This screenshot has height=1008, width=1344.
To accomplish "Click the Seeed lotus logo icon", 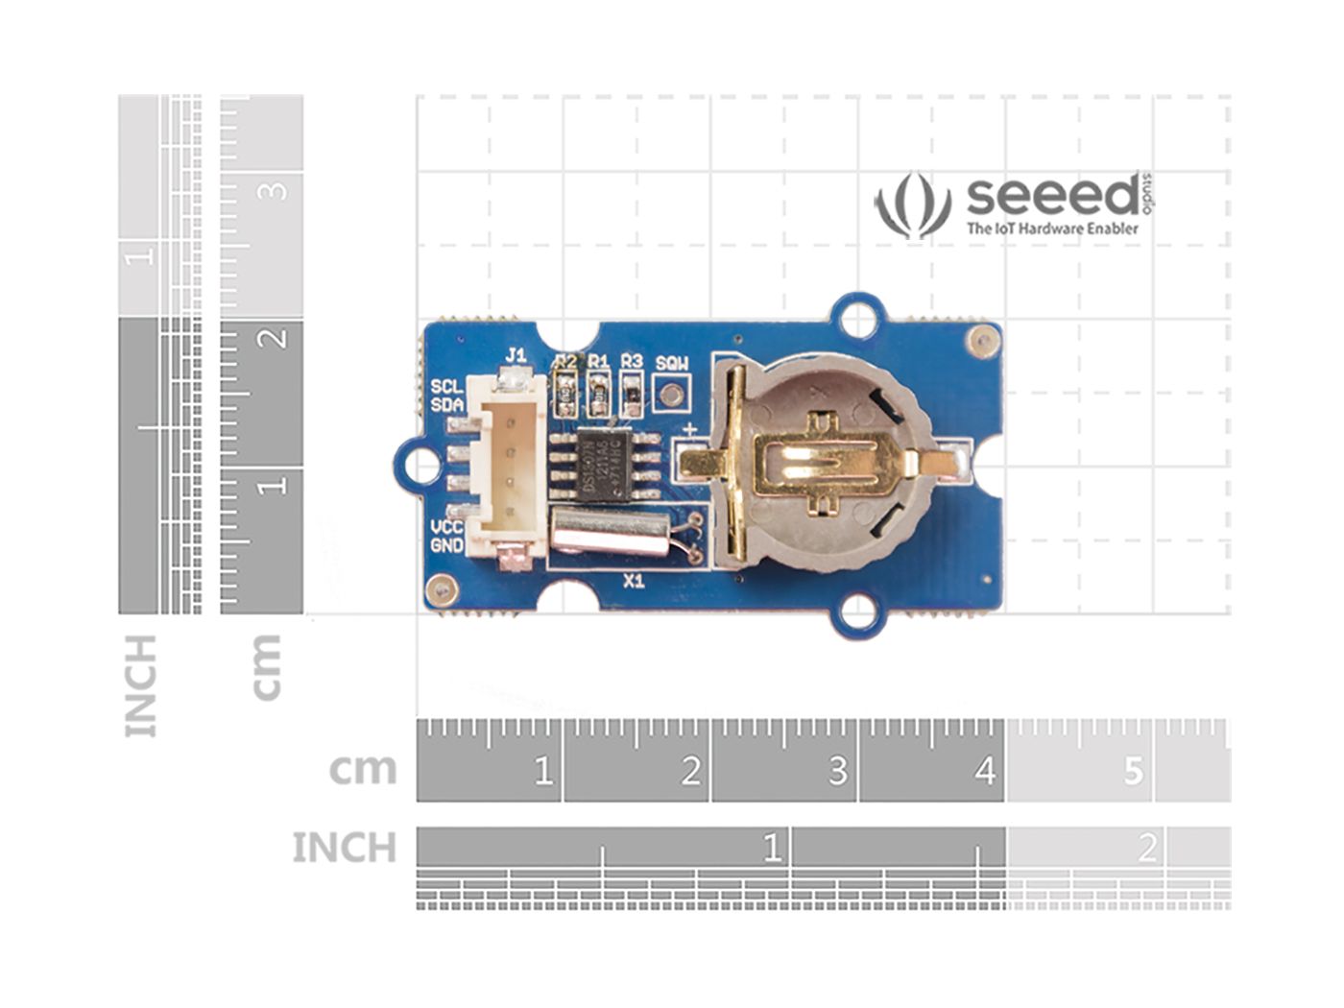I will pos(912,204).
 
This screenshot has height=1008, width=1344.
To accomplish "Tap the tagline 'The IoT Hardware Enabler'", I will pos(1052,228).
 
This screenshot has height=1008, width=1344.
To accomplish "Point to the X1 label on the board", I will pos(634,581).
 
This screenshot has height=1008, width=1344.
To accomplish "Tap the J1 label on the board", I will pos(516,355).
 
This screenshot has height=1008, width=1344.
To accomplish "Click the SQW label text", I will pos(672,364).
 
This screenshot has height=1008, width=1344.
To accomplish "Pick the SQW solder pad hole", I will pos(672,393).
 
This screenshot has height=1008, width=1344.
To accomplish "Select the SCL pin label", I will pos(446,386).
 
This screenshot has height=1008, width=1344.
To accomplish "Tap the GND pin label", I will pos(447,545).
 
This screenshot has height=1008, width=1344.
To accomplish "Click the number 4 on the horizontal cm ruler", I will pos(984,770).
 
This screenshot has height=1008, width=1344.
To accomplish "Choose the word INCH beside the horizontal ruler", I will pos(344,848).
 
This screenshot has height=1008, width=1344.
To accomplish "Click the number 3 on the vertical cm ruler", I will pos(276,189).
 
